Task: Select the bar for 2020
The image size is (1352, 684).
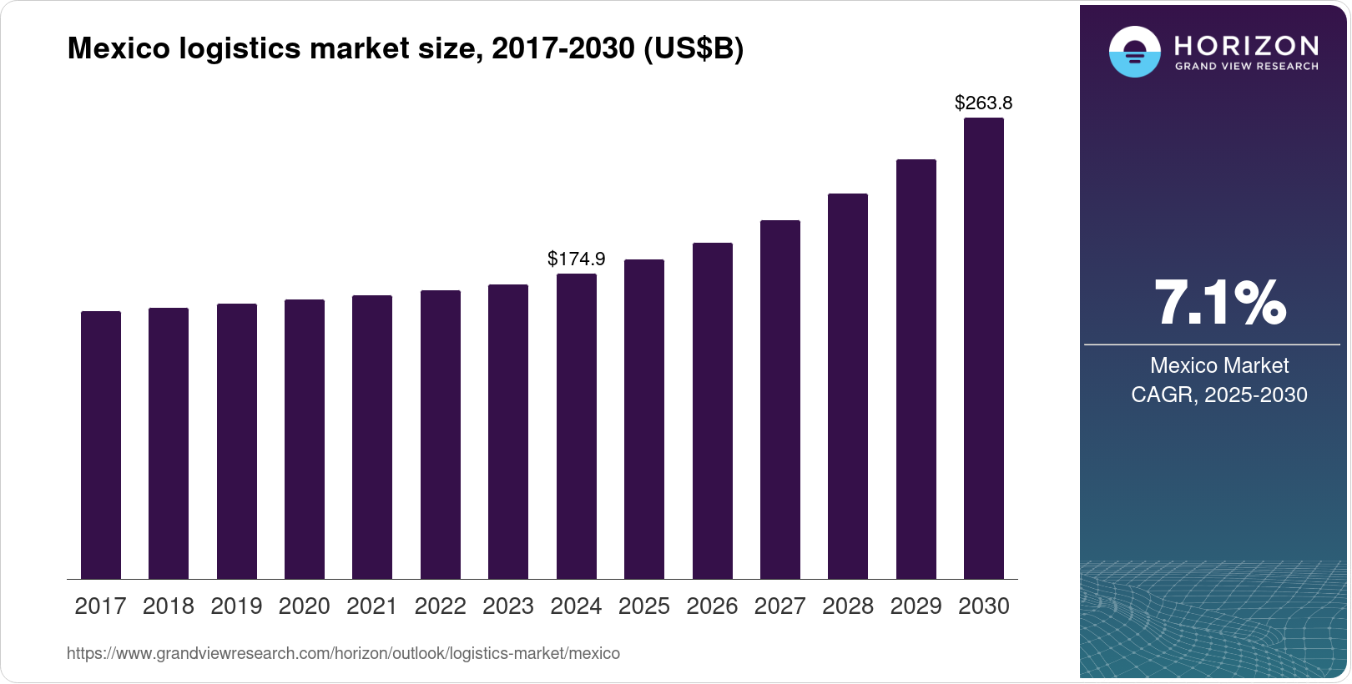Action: [x=305, y=439]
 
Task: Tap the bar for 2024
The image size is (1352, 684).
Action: [x=577, y=426]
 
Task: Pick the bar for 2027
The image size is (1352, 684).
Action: [x=780, y=400]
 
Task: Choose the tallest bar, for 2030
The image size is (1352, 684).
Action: [x=984, y=348]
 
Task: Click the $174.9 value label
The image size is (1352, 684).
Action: [x=577, y=259]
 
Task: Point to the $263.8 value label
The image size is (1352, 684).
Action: [x=984, y=103]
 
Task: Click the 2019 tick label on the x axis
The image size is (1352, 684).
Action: [x=236, y=606]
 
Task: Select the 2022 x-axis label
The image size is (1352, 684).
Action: [x=441, y=606]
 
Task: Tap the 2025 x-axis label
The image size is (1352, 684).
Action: [x=644, y=606]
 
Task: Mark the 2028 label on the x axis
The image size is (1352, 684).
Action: [x=848, y=606]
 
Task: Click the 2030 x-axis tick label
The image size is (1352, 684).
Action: [x=984, y=606]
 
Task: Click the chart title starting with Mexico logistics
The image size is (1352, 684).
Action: [x=405, y=49]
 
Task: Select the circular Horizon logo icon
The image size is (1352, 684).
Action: [x=1134, y=52]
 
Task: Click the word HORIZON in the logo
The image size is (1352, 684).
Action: [x=1246, y=45]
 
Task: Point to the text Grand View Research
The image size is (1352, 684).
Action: [x=1246, y=66]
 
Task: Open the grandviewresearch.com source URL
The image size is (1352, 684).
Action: [x=343, y=653]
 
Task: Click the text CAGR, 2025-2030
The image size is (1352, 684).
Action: [x=1219, y=395]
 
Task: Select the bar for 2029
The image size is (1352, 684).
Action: [x=916, y=369]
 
